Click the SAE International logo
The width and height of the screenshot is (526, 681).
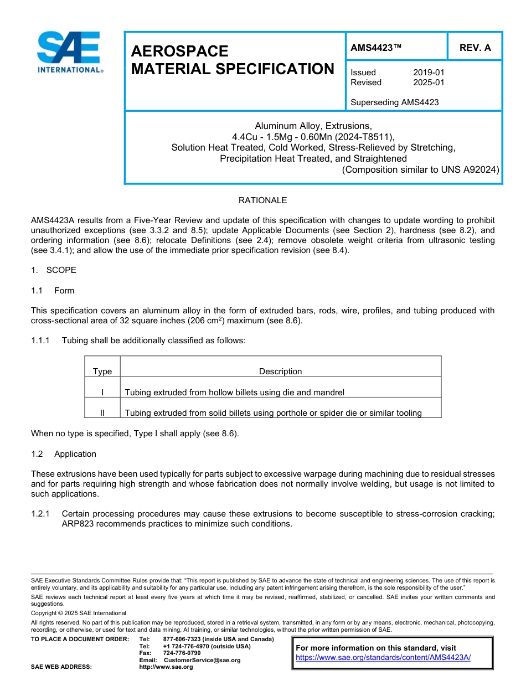[x=69, y=52]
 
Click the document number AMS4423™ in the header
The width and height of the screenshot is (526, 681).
[x=376, y=48]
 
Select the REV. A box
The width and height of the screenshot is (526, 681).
[x=475, y=48]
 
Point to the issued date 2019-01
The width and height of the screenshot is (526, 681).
[x=429, y=73]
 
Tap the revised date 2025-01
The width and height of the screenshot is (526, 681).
[x=429, y=82]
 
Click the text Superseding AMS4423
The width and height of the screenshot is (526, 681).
[x=395, y=102]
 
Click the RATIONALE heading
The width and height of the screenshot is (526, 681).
[x=262, y=200]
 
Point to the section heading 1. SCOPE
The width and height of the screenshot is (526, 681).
[x=54, y=270]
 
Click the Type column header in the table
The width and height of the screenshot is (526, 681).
[x=102, y=372]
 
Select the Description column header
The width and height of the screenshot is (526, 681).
[x=280, y=372]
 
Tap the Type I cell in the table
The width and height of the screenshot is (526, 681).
[x=102, y=392]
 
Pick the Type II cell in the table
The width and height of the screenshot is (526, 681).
[x=102, y=412]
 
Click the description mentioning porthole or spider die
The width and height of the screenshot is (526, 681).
[x=273, y=412]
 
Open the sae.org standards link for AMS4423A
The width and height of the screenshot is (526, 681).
[x=383, y=657]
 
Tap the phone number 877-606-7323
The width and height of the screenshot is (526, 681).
[x=183, y=639]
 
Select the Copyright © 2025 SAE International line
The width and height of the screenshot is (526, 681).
[x=79, y=613]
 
